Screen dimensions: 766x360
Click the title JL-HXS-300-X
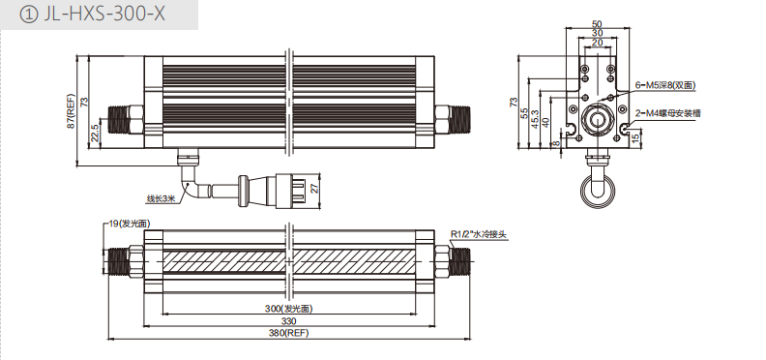[104, 15]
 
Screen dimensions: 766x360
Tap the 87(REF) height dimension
[72, 111]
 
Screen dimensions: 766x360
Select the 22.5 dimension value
[95, 133]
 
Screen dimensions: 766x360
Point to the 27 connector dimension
[315, 188]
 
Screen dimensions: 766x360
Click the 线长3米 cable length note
[161, 198]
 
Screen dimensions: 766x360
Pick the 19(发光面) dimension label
[129, 224]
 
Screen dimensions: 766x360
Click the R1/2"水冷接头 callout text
[479, 235]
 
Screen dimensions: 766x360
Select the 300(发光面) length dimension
[288, 309]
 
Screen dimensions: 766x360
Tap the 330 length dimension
[289, 321]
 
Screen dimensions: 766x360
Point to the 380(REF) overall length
[289, 333]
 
